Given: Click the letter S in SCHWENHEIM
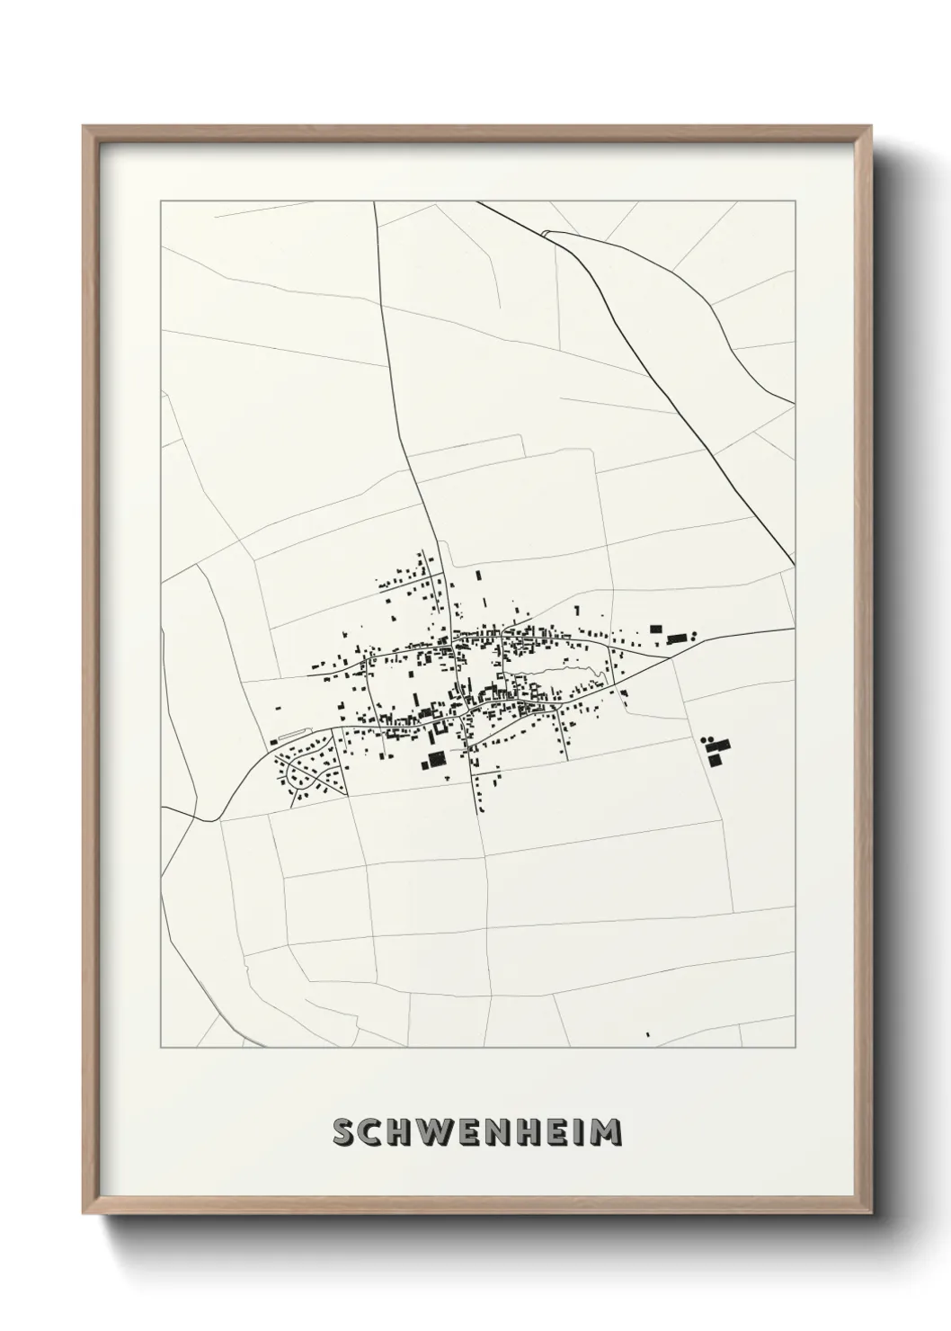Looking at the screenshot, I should [x=344, y=1132].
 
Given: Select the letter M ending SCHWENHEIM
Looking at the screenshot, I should [x=609, y=1132].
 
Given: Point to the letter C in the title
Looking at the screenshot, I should [x=371, y=1132].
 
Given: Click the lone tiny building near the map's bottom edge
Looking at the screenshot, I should [x=647, y=1035].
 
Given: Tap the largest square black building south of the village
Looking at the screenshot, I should [x=436, y=760].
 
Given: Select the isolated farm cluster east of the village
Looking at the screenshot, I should [x=716, y=750].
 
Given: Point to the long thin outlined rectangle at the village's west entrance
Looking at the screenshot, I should [x=292, y=735].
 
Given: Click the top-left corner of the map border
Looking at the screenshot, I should [x=161, y=201].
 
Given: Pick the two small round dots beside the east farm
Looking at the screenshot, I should [x=705, y=740].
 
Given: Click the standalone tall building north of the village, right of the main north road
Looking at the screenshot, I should [x=478, y=575].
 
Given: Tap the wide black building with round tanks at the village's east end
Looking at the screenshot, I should [x=676, y=639].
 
